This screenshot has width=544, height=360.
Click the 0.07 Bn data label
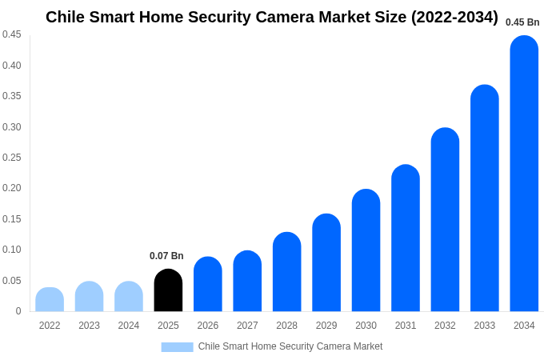tap(166, 256)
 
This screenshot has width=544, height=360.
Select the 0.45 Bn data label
tap(522, 22)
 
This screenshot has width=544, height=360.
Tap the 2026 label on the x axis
tap(208, 326)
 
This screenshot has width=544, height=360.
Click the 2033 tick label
tap(485, 326)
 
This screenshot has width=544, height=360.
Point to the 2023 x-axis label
tap(89, 326)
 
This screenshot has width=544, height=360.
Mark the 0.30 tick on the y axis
tap(12, 127)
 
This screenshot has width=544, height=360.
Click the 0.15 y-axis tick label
tap(12, 219)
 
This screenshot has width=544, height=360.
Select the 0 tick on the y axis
tap(18, 311)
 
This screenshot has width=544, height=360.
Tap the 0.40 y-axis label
tap(12, 66)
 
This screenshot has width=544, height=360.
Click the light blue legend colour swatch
tap(177, 347)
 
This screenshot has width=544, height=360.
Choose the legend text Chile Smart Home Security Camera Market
tap(290, 346)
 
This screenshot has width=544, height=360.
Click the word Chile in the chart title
tap(67, 17)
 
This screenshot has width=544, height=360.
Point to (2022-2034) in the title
tap(454, 17)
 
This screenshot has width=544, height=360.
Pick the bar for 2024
tap(129, 297)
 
